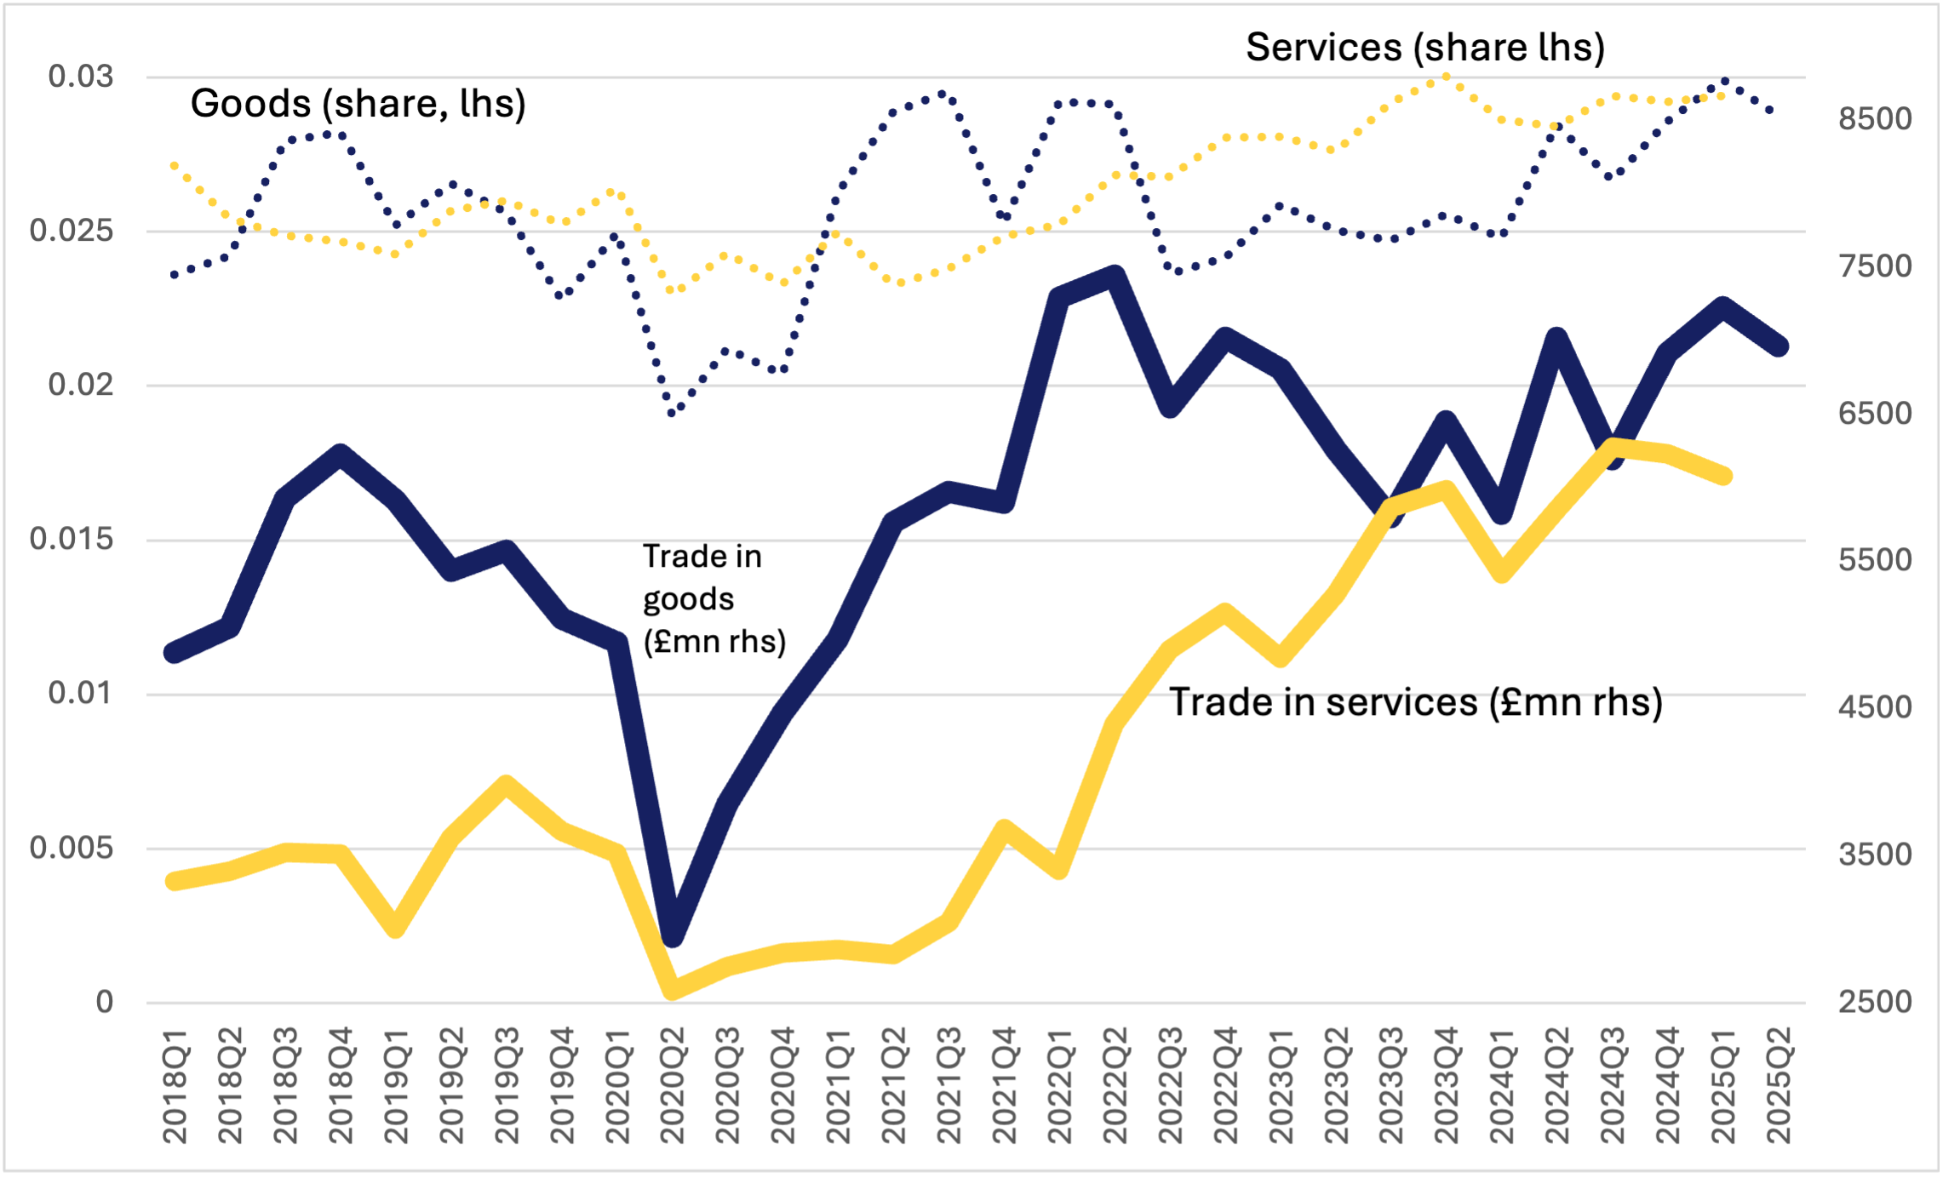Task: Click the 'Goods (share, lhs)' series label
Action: (358, 104)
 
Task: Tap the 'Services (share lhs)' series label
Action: (1424, 47)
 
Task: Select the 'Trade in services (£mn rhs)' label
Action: (1415, 702)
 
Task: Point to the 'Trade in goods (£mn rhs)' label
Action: (714, 598)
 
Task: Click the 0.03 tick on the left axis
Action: (80, 77)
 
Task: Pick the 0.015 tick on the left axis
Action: (72, 539)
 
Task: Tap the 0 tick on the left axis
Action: (104, 1002)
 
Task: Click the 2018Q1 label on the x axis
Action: (175, 1085)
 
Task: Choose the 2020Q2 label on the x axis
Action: (672, 1085)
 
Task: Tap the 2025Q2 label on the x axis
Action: (1779, 1085)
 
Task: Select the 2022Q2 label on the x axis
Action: (1115, 1085)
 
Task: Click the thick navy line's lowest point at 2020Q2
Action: (673, 935)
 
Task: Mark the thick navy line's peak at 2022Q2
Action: (1115, 276)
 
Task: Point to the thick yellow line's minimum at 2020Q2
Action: (673, 989)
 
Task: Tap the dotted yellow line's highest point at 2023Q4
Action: (1446, 77)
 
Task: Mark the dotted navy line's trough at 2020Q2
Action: (673, 413)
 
